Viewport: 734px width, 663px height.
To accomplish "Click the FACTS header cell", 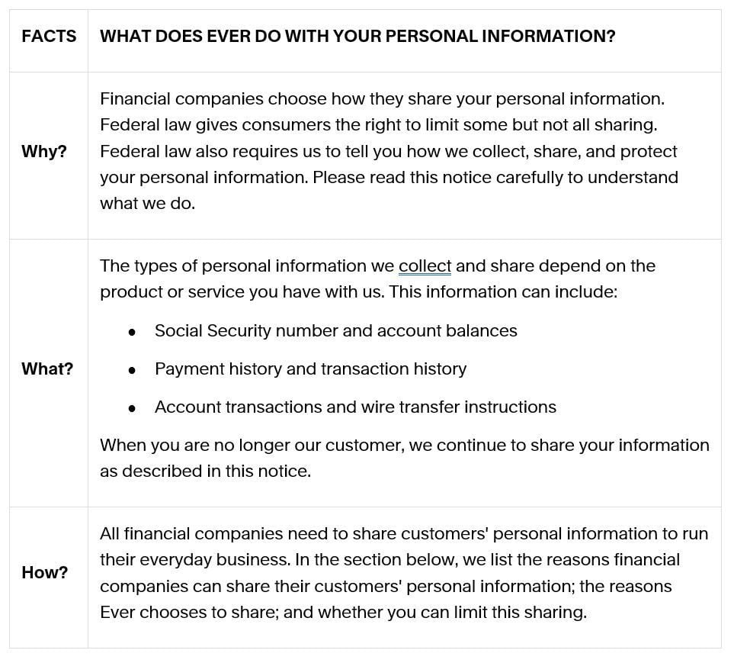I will tap(49, 37).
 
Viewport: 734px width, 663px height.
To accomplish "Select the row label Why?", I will tap(44, 151).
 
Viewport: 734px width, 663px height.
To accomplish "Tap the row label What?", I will tap(47, 369).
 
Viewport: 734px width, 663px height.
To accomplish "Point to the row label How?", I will tap(44, 572).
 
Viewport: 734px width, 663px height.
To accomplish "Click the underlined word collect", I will tap(425, 266).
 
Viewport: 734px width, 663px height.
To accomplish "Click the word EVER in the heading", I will tap(226, 37).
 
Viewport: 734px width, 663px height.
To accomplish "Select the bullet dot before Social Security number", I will tap(133, 332).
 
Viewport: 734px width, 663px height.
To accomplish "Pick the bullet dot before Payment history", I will tap(133, 370).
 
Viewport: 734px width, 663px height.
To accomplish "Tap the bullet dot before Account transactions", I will tap(133, 408).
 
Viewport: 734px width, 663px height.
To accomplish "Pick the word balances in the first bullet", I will tap(483, 331).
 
